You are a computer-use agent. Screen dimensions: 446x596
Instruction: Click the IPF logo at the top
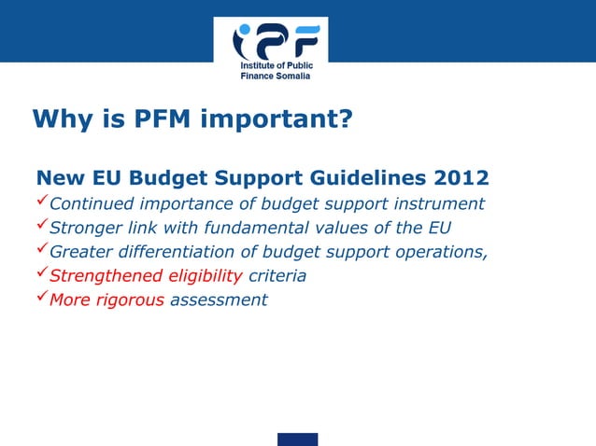click(276, 43)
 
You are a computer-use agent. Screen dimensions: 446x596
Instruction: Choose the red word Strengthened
click(105, 276)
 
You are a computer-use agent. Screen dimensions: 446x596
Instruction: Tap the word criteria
click(277, 276)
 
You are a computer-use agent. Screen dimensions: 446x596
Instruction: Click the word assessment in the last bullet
click(219, 300)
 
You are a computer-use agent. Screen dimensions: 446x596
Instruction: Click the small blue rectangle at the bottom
click(297, 439)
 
